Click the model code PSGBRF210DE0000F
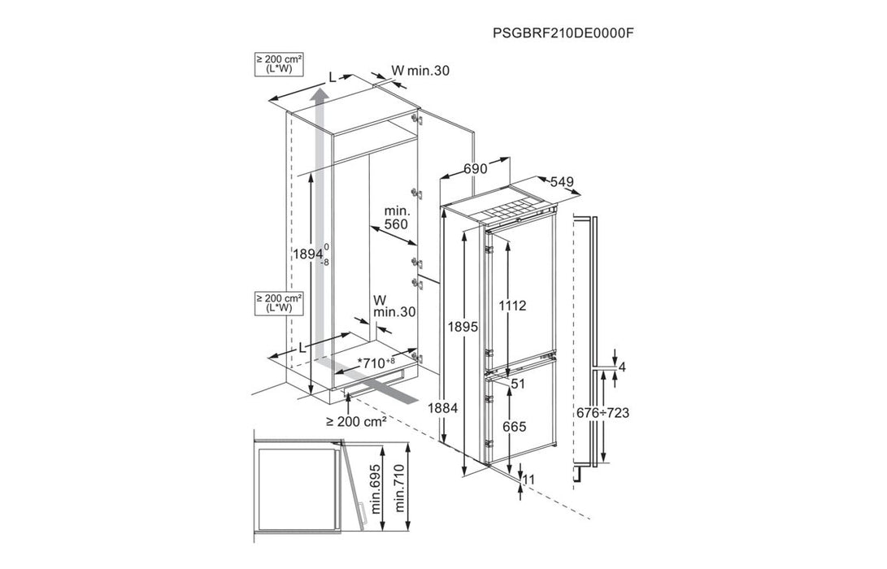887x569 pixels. click(x=563, y=33)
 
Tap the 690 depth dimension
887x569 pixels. click(x=475, y=168)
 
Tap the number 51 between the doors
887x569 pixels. click(x=518, y=382)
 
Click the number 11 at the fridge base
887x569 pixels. click(x=528, y=480)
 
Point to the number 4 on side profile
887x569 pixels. click(x=622, y=367)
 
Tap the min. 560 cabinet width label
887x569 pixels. click(x=396, y=218)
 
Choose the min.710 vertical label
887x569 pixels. click(x=400, y=487)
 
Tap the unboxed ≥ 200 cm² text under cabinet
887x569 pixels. click(x=355, y=421)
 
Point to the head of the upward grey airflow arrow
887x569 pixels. click(x=321, y=96)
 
